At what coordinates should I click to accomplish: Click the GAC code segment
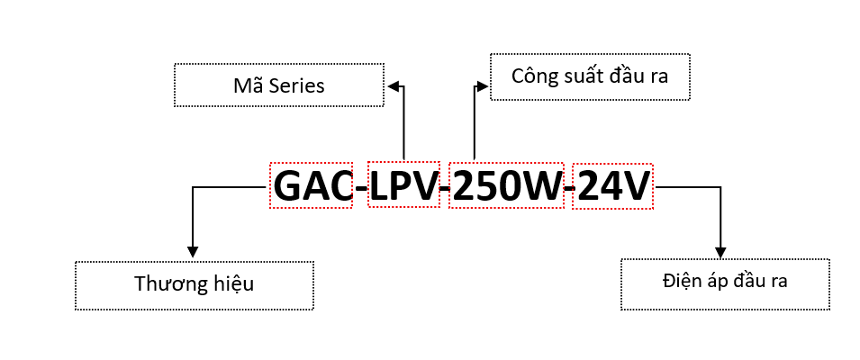coord(312,186)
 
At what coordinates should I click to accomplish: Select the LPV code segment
coord(404,186)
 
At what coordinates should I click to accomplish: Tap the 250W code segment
coord(506,186)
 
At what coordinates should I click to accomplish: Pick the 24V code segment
coord(612,186)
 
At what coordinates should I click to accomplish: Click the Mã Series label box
coord(278,86)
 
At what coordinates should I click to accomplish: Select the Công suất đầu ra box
coord(590,76)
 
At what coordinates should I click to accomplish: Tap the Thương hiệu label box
coord(195,285)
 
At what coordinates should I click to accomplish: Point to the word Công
coord(532,76)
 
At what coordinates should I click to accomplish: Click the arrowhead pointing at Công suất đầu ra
coord(484,86)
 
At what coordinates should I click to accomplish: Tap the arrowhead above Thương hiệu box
coord(192,253)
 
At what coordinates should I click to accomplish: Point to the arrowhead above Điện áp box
coord(720,251)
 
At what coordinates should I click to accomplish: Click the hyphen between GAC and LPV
coord(360,188)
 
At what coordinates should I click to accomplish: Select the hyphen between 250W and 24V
coord(568,188)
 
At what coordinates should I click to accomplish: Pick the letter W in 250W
coord(542,186)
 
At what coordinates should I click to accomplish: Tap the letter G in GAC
coord(288,186)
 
